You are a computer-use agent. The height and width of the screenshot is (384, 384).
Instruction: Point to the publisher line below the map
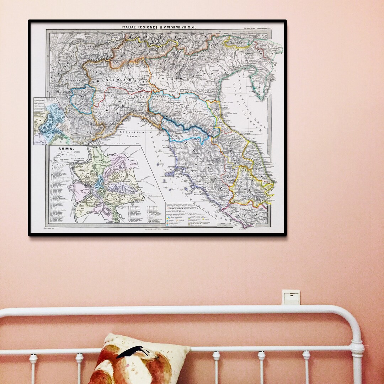click(157, 229)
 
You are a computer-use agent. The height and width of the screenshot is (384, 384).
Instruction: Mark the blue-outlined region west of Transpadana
click(82, 99)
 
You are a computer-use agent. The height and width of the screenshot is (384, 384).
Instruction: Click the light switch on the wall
click(291, 297)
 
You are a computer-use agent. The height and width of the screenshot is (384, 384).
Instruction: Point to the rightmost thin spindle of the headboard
click(306, 366)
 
